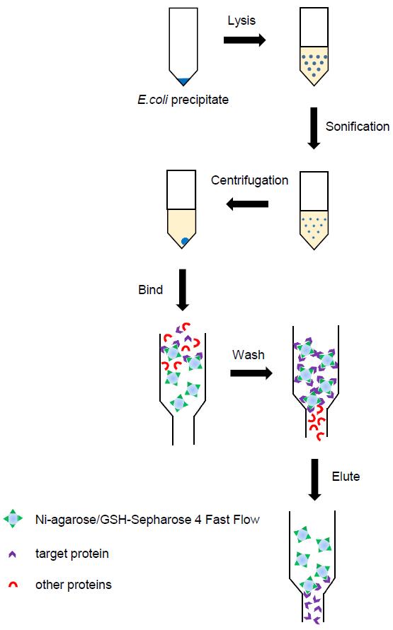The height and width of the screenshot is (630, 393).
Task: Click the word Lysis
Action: tap(241, 21)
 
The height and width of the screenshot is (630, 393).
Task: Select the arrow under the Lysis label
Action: tap(244, 40)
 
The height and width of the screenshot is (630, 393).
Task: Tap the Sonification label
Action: tap(357, 127)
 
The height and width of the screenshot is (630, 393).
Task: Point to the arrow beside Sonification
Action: tap(314, 128)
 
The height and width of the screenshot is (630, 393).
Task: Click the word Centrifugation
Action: tap(249, 180)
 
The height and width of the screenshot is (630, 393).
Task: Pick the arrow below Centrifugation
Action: tap(247, 204)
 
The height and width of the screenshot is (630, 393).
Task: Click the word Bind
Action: tap(150, 290)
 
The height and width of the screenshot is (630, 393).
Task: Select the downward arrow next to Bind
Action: tap(183, 290)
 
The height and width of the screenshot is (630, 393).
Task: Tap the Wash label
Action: tap(248, 355)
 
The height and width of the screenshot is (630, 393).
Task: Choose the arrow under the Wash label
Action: tap(251, 373)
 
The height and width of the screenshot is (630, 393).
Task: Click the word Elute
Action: tap(346, 477)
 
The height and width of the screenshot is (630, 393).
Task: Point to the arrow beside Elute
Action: tap(314, 479)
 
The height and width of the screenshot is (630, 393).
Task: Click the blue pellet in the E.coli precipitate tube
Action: tap(183, 81)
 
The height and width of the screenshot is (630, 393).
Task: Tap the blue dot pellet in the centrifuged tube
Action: tap(185, 241)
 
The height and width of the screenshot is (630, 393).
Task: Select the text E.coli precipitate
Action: tap(183, 100)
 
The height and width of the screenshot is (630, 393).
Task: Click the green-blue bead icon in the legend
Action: tap(13, 519)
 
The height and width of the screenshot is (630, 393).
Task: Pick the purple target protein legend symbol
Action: tap(12, 554)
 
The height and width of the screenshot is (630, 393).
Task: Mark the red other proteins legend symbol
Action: tap(13, 585)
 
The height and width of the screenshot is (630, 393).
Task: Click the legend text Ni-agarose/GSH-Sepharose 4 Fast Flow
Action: tap(147, 520)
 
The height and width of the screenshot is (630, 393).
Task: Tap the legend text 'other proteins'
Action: tap(73, 585)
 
